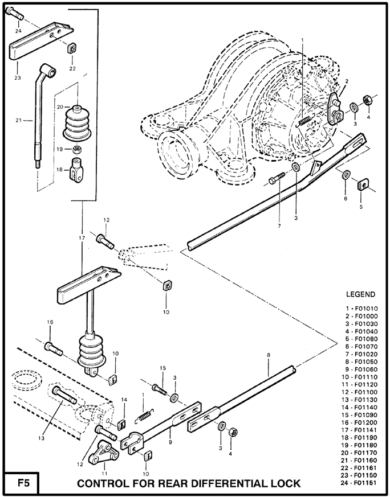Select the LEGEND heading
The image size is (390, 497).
361,294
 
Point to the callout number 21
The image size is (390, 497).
18,121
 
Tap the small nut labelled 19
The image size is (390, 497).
76,150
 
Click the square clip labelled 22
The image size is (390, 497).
72,48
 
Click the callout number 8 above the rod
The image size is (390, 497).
267,356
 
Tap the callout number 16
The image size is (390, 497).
50,322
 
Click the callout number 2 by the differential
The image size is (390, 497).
346,81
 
